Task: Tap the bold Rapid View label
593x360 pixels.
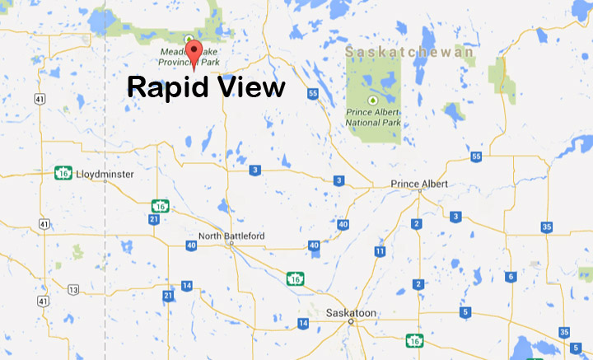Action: click(x=205, y=86)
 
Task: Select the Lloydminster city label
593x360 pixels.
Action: click(x=103, y=175)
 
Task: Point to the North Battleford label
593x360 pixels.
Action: click(x=232, y=236)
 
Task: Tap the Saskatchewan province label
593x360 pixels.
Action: click(x=409, y=53)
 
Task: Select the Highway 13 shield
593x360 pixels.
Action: click(x=73, y=289)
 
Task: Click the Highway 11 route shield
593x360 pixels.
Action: click(x=380, y=251)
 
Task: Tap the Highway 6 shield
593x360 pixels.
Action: click(x=511, y=277)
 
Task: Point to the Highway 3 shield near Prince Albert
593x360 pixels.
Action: click(x=455, y=217)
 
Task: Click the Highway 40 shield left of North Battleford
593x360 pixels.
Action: click(x=191, y=245)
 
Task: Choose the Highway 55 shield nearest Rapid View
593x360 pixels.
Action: click(x=312, y=94)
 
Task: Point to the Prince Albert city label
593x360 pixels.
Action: click(x=419, y=184)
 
